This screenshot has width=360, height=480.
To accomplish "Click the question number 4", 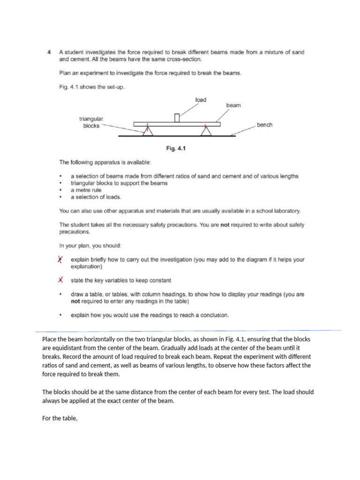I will pyautogui.click(x=49, y=53).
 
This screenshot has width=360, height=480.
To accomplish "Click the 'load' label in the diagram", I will pyautogui.click(x=201, y=100).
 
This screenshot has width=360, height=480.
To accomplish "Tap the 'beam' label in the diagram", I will pyautogui.click(x=233, y=105).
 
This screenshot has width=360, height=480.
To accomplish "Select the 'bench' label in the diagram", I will pyautogui.click(x=264, y=125).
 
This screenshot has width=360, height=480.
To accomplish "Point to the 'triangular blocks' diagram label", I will pyautogui.click(x=91, y=123).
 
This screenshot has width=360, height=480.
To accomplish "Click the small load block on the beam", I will pyautogui.click(x=177, y=118).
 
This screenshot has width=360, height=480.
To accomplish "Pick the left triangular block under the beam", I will pyautogui.click(x=148, y=131).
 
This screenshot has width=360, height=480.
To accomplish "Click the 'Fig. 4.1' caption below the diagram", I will pyautogui.click(x=177, y=149).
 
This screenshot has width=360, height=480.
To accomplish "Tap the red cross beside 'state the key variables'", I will pyautogui.click(x=60, y=280).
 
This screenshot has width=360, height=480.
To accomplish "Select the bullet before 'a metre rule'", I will pyautogui.click(x=60, y=190).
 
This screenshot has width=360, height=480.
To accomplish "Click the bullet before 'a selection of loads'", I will pyautogui.click(x=60, y=197).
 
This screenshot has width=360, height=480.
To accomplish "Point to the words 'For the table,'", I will pyautogui.click(x=60, y=413).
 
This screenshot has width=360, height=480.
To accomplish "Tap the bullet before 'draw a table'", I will pyautogui.click(x=60, y=295).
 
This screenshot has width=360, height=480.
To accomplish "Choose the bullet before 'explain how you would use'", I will pyautogui.click(x=60, y=315).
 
